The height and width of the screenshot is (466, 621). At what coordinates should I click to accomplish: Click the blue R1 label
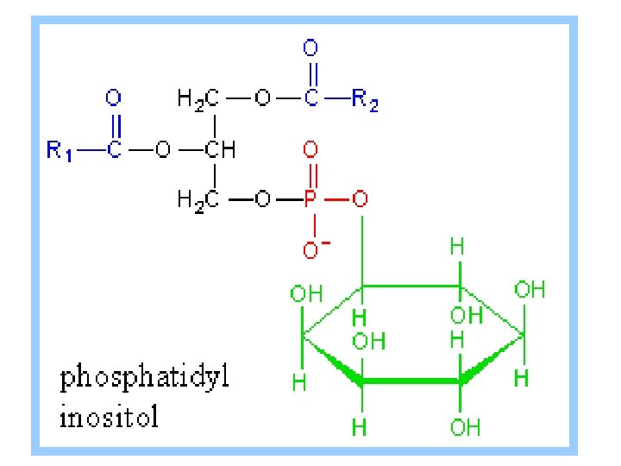(60, 151)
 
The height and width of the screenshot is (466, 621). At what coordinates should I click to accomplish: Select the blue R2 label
(365, 101)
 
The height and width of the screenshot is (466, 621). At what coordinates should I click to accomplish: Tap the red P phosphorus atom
(311, 200)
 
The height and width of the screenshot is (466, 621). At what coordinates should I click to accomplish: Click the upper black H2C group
(198, 100)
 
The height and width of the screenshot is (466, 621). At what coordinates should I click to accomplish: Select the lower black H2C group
(198, 200)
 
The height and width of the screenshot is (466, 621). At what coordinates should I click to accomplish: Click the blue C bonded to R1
(113, 151)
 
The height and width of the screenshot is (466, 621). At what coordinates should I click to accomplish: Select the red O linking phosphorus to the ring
(361, 200)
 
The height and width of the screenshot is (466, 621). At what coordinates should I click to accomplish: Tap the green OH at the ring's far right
(530, 289)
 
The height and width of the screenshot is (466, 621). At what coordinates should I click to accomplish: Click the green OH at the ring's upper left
(306, 293)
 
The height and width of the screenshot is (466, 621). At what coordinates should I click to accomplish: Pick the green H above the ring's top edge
(458, 248)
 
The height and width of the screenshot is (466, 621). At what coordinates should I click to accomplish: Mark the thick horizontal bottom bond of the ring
(411, 380)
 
